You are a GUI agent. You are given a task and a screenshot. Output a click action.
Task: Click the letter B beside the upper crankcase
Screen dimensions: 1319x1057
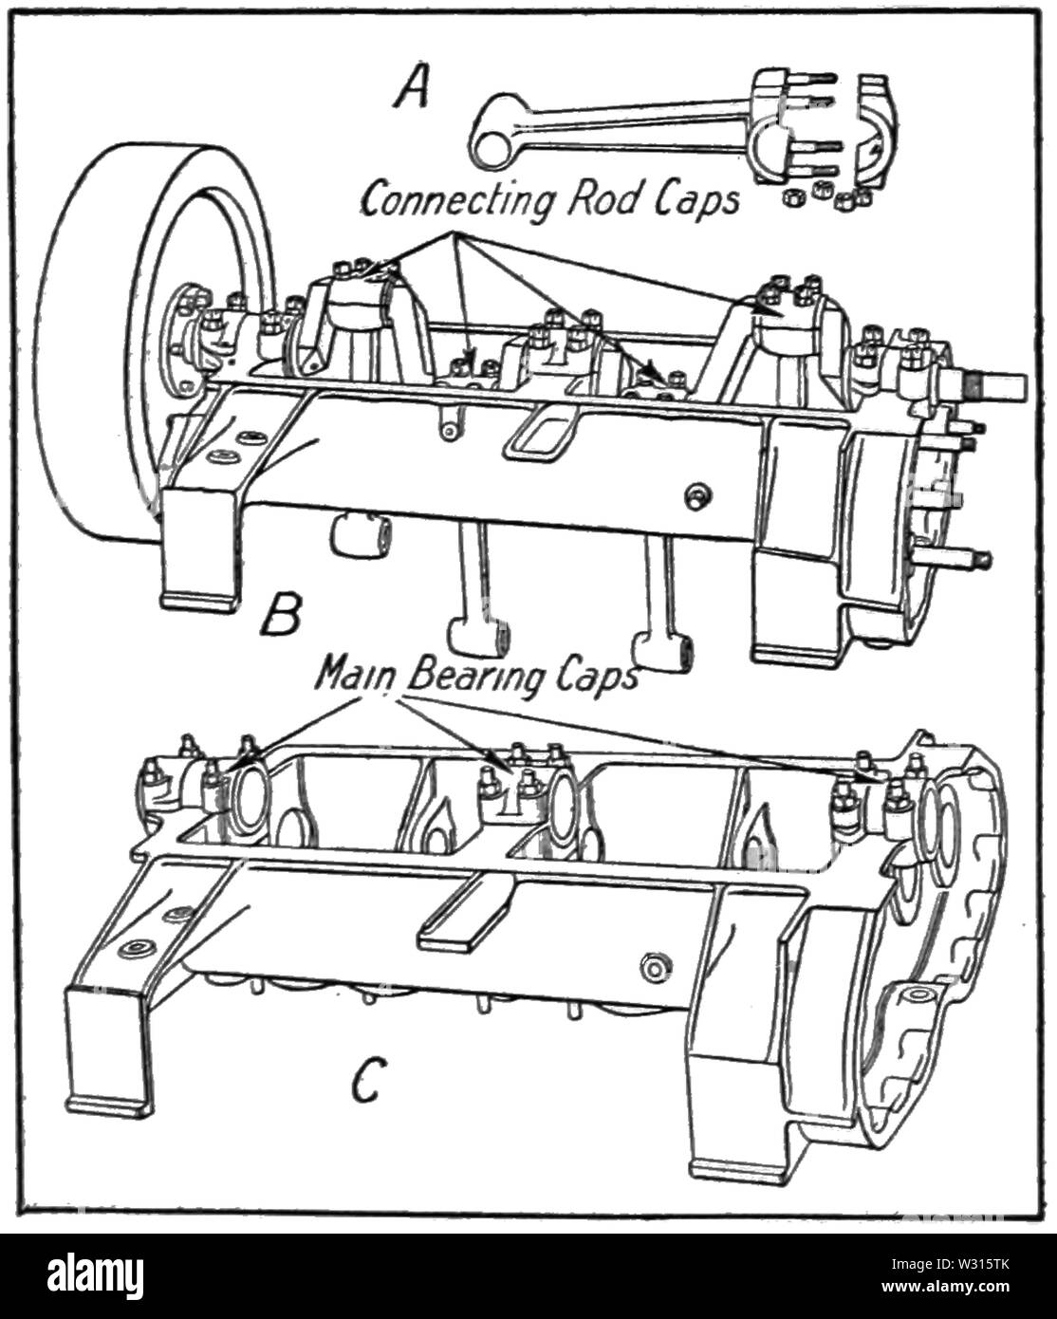tap(281, 614)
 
